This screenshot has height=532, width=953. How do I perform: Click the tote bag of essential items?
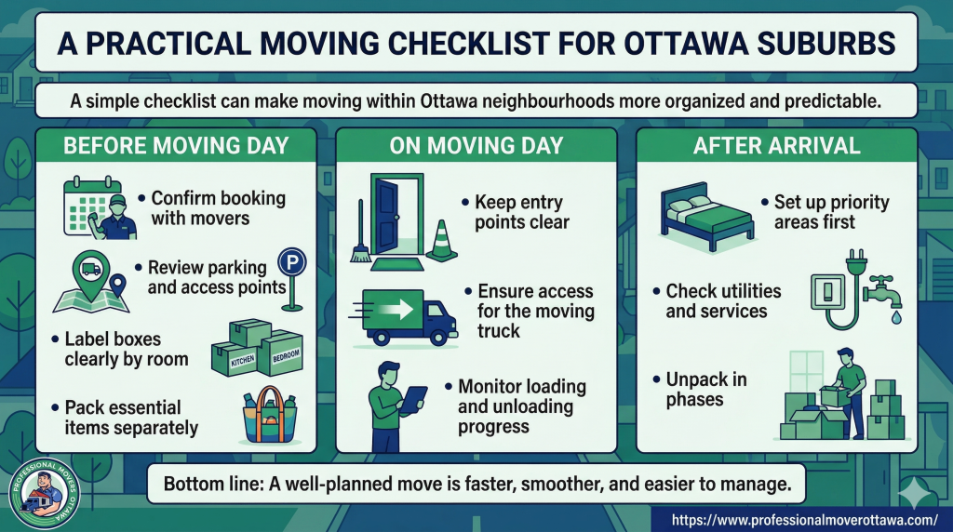(270, 416)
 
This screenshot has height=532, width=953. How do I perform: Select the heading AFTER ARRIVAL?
(776, 146)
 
